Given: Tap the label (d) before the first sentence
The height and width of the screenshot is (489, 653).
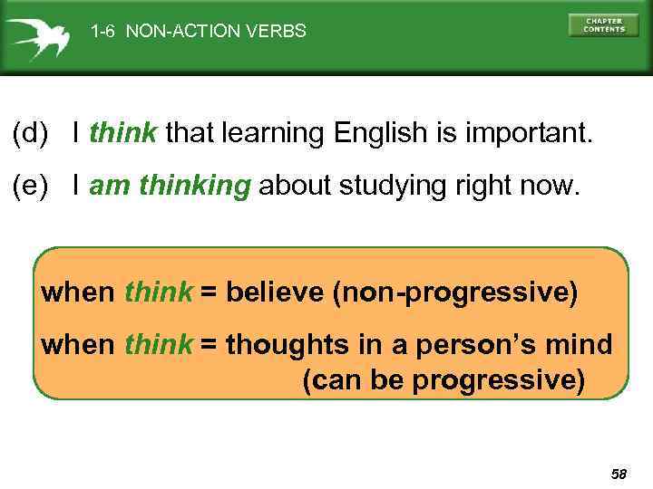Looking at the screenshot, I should (x=30, y=135).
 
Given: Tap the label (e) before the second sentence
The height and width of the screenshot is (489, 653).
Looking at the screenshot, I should (x=30, y=187).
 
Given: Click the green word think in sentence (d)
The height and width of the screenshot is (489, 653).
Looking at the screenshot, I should (x=123, y=135).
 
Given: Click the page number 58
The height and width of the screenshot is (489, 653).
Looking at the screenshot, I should (x=619, y=474).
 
